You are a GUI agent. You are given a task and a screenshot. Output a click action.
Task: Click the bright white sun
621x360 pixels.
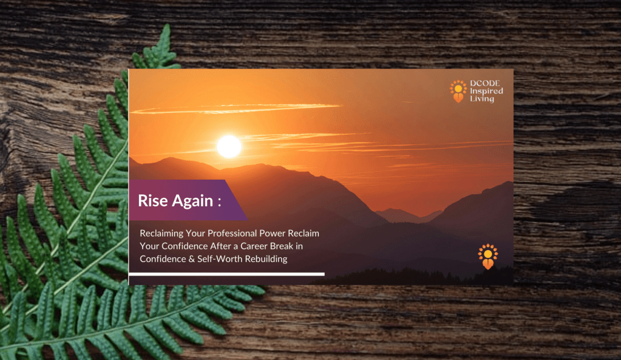pos(229,146)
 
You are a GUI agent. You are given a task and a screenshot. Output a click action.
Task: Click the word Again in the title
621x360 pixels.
pos(192,201)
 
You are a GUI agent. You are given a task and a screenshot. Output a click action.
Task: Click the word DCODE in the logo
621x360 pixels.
pos(485,83)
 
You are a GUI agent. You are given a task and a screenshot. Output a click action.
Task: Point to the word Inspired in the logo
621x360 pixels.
pos(486,91)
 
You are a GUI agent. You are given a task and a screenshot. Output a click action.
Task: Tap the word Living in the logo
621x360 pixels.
pos(482,98)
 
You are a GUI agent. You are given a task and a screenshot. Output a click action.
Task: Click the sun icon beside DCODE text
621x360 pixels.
pos(458,91)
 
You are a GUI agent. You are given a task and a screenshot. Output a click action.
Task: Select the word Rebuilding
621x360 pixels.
pos(266,259)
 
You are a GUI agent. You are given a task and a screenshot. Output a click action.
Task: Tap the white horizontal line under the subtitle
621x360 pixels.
pos(226,274)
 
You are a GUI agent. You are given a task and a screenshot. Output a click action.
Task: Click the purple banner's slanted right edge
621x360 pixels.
pos(236,200)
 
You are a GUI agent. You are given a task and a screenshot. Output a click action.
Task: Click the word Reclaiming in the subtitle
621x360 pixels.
pos(161,234)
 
